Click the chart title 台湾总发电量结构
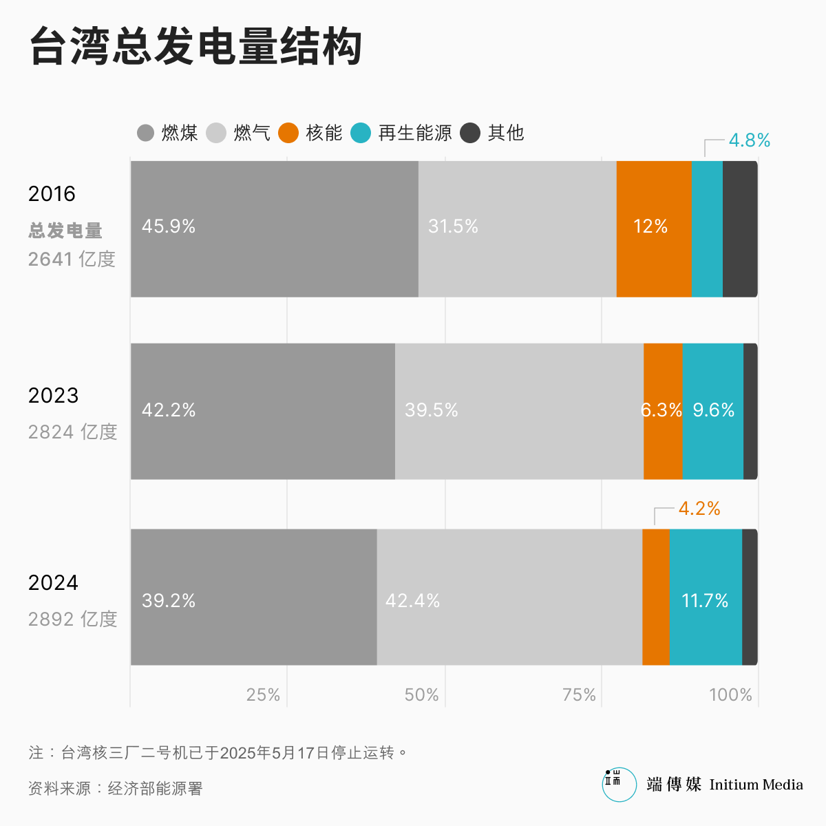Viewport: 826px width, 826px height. click(x=196, y=47)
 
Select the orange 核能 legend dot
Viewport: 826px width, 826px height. click(x=288, y=133)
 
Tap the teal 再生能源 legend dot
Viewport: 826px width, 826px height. click(x=361, y=133)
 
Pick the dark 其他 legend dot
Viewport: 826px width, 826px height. click(x=470, y=133)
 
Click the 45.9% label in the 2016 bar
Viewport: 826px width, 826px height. click(x=169, y=226)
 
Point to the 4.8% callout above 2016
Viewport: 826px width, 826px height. click(x=749, y=140)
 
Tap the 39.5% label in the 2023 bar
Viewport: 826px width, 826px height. click(x=432, y=410)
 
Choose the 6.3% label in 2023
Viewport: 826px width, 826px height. click(x=661, y=410)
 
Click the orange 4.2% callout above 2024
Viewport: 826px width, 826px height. click(x=699, y=509)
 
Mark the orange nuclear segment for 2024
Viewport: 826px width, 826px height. click(x=656, y=597)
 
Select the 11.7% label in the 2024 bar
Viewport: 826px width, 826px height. click(x=705, y=601)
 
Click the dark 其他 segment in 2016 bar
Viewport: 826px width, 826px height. click(x=740, y=229)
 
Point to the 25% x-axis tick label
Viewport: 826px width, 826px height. click(x=264, y=695)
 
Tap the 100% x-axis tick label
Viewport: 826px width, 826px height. click(x=730, y=695)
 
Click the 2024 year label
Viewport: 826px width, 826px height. click(x=53, y=583)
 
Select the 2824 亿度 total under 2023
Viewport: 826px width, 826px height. click(x=73, y=432)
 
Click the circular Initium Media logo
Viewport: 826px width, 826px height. click(x=619, y=785)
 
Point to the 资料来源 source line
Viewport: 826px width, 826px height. click(x=116, y=788)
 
